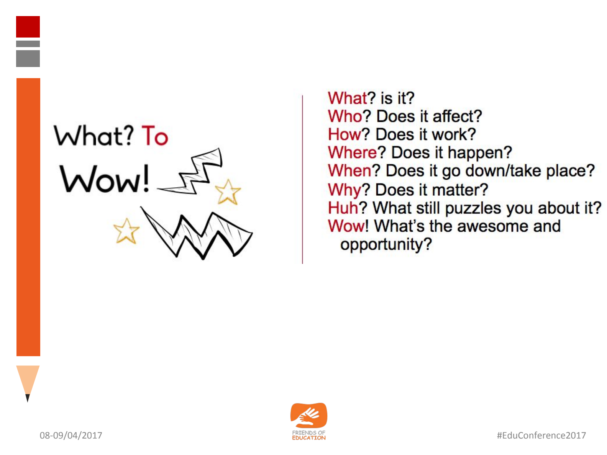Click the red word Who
tap(345, 116)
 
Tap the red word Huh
tap(343, 208)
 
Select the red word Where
tap(352, 152)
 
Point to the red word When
tap(349, 170)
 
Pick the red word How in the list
tap(345, 134)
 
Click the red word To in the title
tap(155, 135)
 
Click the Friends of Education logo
tap(308, 421)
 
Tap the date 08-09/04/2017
tap(71, 435)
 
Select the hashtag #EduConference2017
tap(541, 435)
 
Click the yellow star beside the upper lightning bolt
tap(228, 192)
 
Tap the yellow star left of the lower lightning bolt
tap(126, 231)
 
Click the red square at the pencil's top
tap(28, 27)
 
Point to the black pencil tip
tap(27, 398)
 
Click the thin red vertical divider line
tap(302, 180)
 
